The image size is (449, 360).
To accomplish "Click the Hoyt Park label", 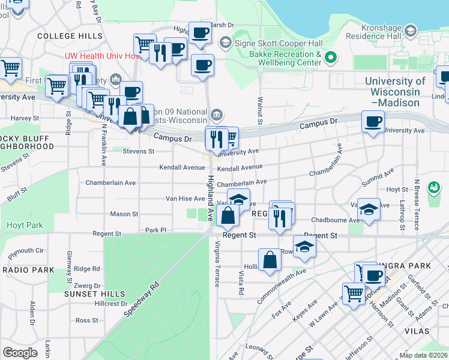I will point(25,225).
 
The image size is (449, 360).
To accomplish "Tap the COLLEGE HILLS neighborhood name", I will point(70,36).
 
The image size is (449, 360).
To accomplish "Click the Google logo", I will point(20,352).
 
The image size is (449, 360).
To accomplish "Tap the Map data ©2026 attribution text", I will point(423,355).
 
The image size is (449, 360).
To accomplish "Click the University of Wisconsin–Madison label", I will point(395,91).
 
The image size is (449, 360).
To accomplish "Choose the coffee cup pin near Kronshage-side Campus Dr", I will point(373,122).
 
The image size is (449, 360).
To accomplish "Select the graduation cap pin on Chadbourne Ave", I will point(369,209).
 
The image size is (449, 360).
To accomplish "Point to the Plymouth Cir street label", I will point(26,250).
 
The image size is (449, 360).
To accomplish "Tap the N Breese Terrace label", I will point(416,204).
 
